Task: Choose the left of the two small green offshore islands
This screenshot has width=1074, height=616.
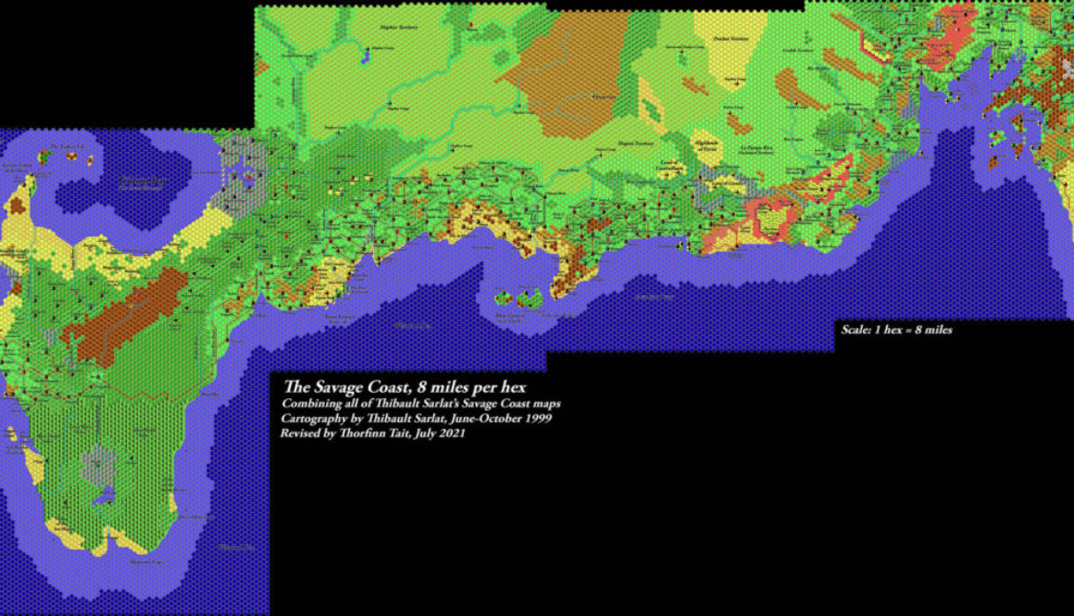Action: [x=506, y=298]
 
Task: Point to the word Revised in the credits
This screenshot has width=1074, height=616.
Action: [x=302, y=434]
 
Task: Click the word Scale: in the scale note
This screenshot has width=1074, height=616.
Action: [x=855, y=330]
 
